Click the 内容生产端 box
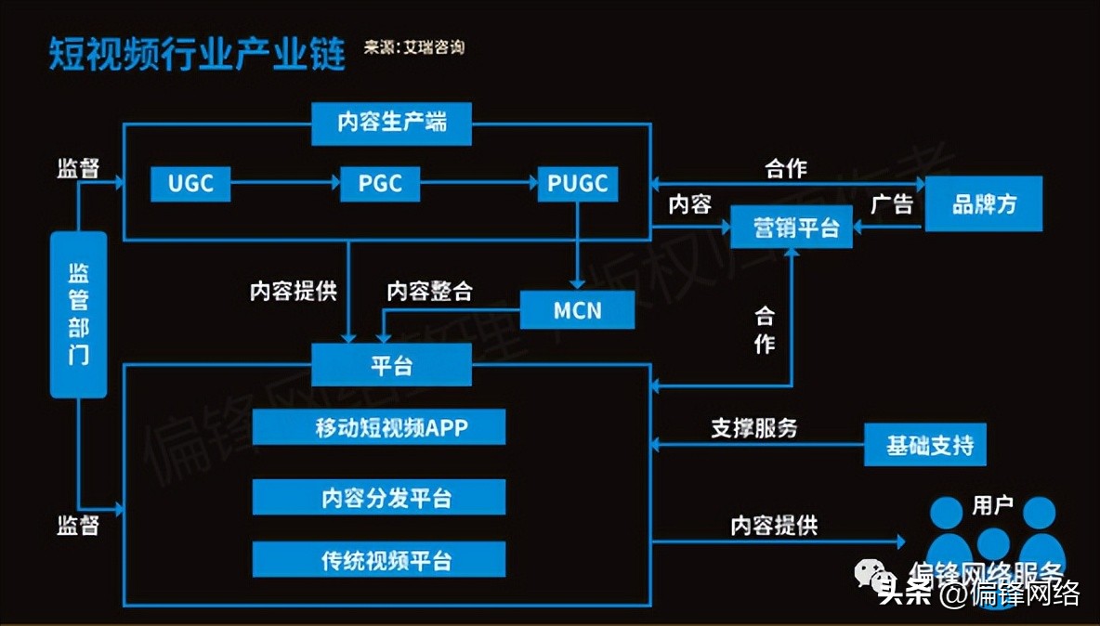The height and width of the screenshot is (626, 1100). click(391, 123)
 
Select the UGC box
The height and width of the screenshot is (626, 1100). click(190, 183)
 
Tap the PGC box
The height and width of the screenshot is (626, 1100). click(379, 183)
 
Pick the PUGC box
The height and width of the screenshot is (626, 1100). click(577, 183)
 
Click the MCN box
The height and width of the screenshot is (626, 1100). click(577, 309)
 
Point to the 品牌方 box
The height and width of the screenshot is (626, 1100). click(984, 204)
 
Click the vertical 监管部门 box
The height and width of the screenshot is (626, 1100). click(79, 314)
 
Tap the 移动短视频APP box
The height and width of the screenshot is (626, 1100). click(379, 428)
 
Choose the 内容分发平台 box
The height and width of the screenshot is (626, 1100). click(379, 498)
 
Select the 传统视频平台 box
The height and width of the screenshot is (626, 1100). click(379, 560)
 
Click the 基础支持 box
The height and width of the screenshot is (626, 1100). click(924, 445)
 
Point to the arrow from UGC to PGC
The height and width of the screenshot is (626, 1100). click(283, 183)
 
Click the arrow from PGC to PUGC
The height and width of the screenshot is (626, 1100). click(478, 183)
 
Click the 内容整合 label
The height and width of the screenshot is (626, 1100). click(429, 291)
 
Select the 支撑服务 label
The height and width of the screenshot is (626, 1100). click(753, 428)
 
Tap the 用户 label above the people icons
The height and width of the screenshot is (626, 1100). click(991, 506)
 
